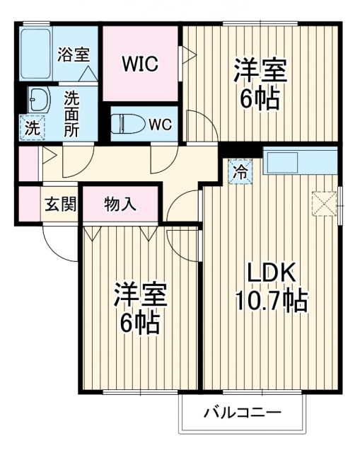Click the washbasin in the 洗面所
(39, 99)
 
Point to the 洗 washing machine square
(33, 128)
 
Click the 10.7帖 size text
(271, 302)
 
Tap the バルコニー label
(243, 411)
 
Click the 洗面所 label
(72, 113)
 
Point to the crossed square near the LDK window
(325, 203)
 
